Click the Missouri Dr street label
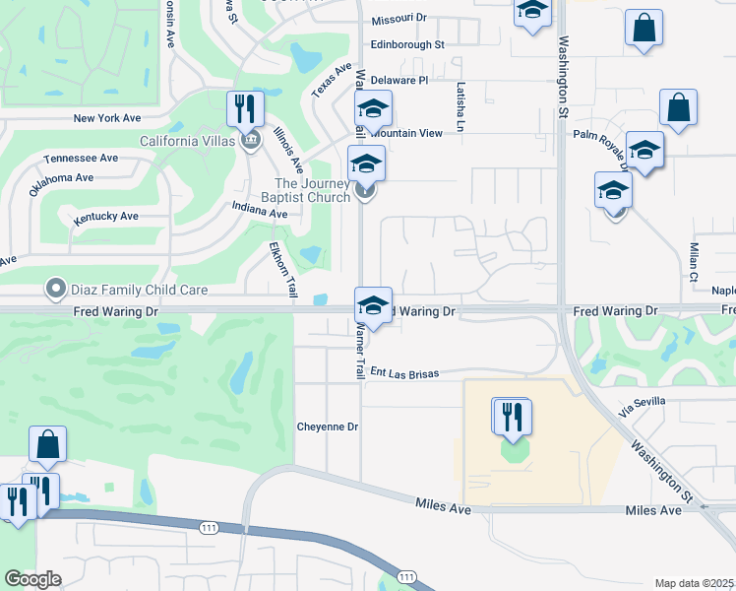click(x=399, y=19)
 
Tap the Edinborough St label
click(x=407, y=44)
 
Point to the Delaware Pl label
click(x=401, y=80)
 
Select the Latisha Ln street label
click(x=460, y=107)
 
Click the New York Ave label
click(x=107, y=118)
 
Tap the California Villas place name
click(x=188, y=141)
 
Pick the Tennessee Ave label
click(x=81, y=158)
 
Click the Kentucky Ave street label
click(x=106, y=216)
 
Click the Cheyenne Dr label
click(x=328, y=427)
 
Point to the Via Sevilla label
click(x=643, y=402)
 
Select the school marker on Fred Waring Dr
click(x=373, y=303)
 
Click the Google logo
click(x=32, y=579)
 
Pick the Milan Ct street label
click(x=693, y=260)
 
